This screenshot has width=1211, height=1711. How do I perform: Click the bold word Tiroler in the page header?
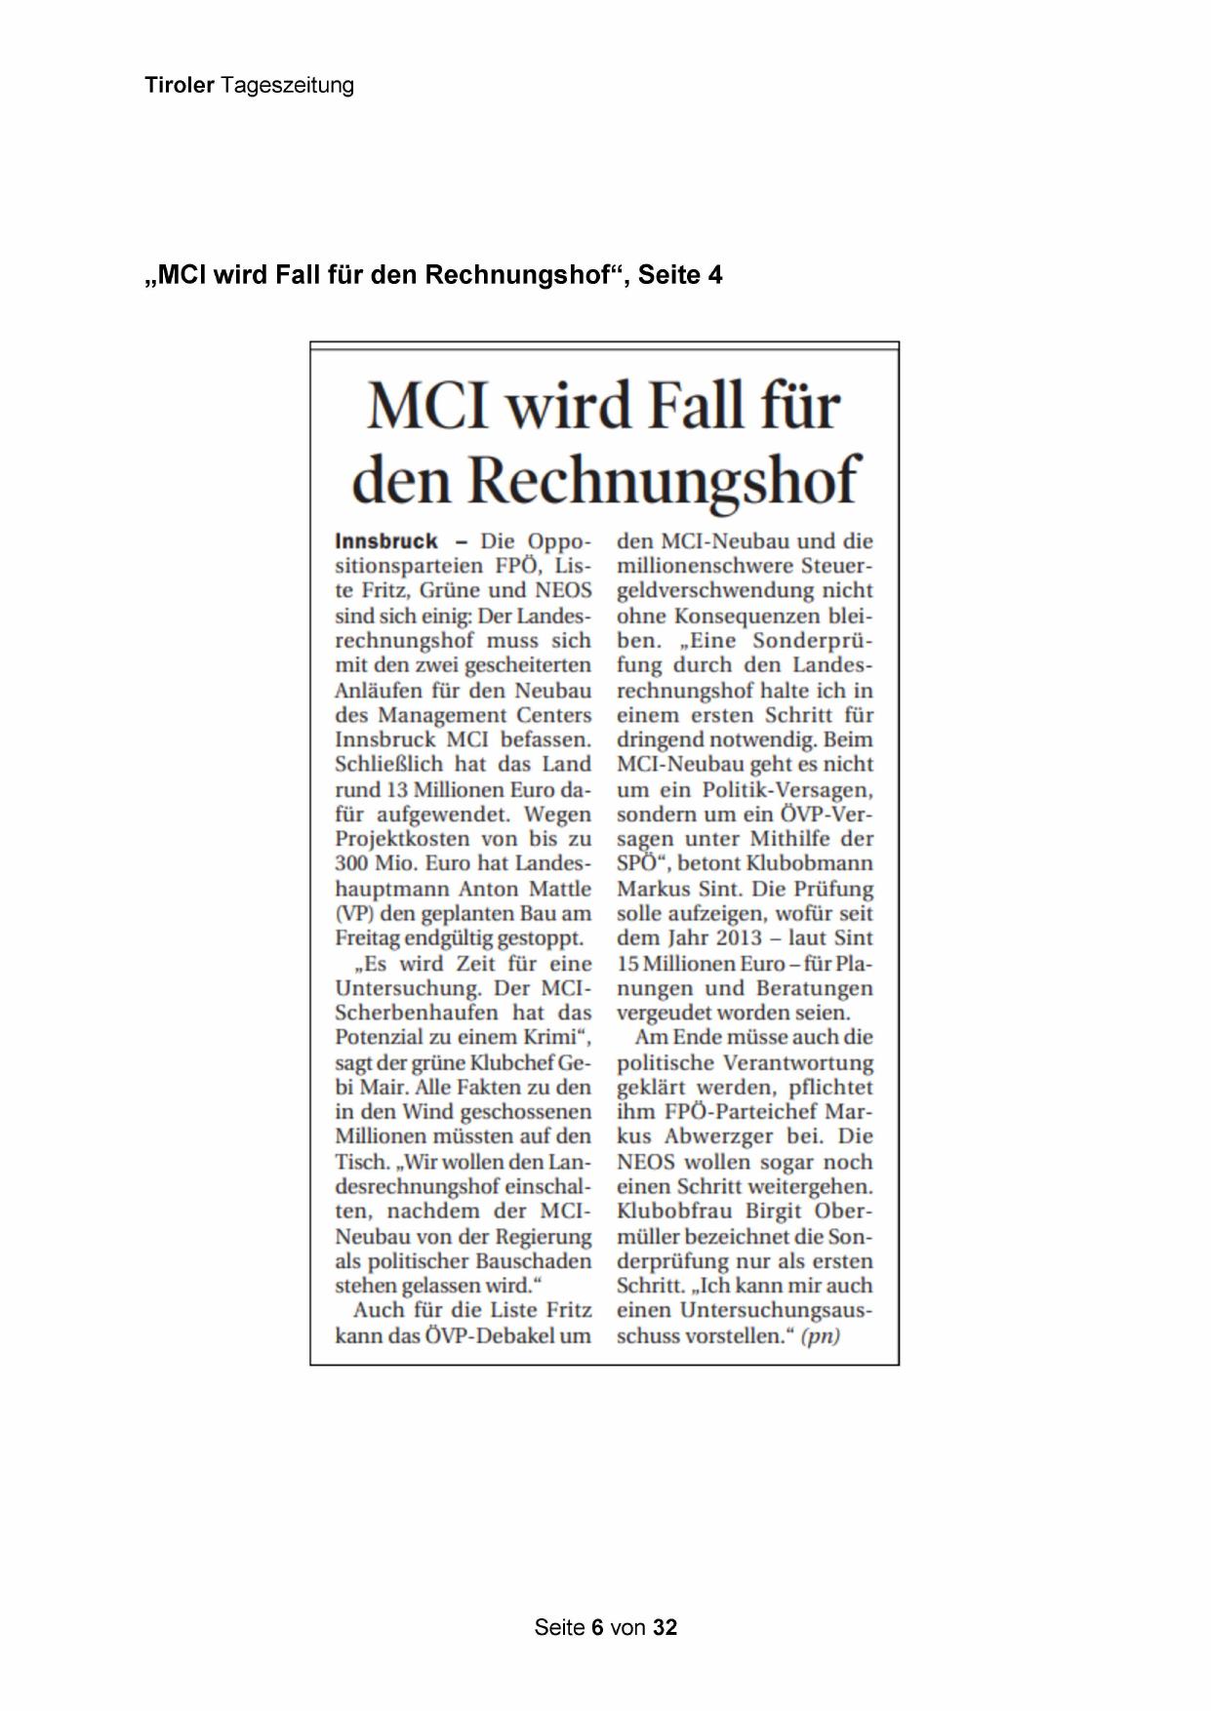point(180,86)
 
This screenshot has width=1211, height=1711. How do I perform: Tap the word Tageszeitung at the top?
point(287,86)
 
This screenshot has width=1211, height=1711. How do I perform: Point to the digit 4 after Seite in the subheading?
point(715,276)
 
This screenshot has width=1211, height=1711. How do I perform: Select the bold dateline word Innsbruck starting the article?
point(385,541)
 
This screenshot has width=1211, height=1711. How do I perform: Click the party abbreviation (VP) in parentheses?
point(355,914)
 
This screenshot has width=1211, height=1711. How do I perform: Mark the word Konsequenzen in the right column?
point(751,617)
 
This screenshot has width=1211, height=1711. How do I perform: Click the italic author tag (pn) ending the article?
point(820,1335)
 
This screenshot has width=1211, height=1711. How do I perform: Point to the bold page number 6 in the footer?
point(597,1628)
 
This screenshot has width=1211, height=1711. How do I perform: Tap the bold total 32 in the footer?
point(666,1628)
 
